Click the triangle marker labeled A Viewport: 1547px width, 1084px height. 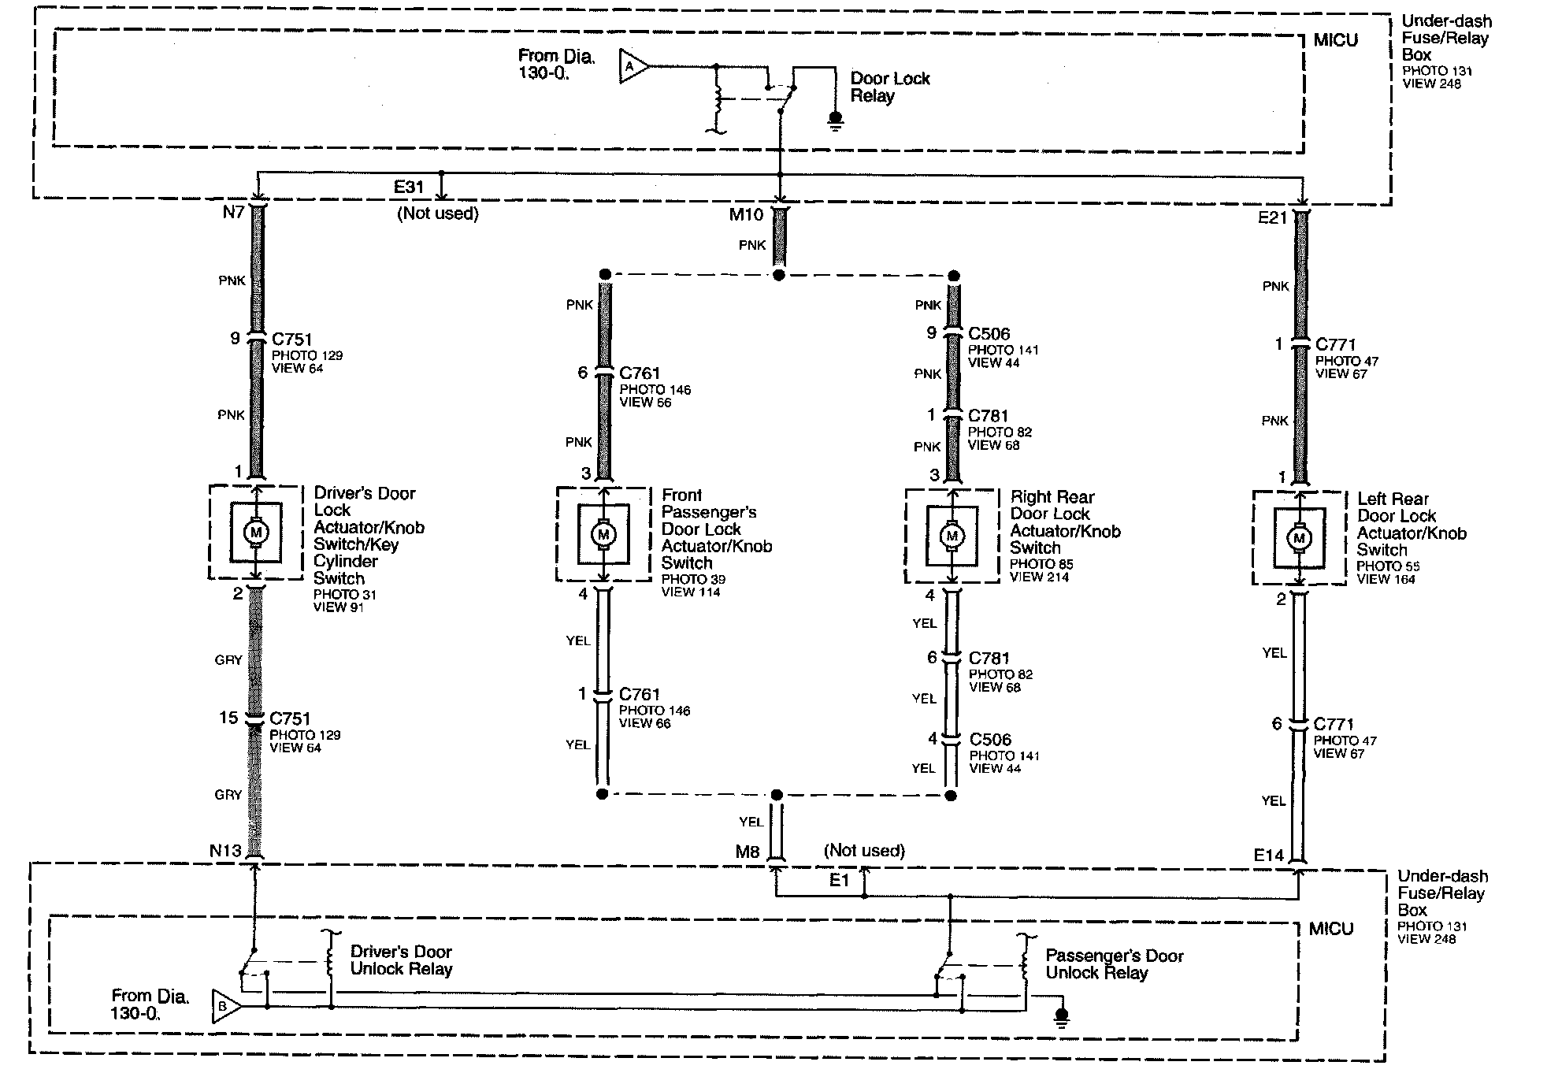coord(632,67)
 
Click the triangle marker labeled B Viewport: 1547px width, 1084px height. coord(224,1006)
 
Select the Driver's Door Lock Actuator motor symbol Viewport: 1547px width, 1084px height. coord(255,533)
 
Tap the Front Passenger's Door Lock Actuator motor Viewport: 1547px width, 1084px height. coord(603,535)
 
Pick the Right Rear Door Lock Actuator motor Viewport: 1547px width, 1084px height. coord(952,536)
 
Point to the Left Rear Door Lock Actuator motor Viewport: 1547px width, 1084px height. coord(1299,539)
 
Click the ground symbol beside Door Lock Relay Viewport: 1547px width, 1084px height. coord(835,121)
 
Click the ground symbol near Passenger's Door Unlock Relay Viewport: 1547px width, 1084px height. coord(1062,1019)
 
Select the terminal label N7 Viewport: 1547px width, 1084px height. coord(233,212)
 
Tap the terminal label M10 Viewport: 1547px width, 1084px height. coord(746,214)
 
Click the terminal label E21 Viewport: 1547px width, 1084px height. coord(1272,218)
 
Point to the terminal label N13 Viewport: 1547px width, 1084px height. coord(225,850)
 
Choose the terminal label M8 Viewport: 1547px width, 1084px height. coord(748,852)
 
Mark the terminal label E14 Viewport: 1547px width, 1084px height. coord(1269,855)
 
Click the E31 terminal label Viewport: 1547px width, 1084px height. coord(409,187)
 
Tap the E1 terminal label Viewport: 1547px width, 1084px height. coord(839,880)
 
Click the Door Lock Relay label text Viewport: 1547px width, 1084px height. coord(889,87)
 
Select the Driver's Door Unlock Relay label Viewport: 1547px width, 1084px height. coord(401,960)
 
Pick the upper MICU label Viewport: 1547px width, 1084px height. coord(1335,40)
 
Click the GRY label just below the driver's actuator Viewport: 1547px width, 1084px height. coord(228,660)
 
